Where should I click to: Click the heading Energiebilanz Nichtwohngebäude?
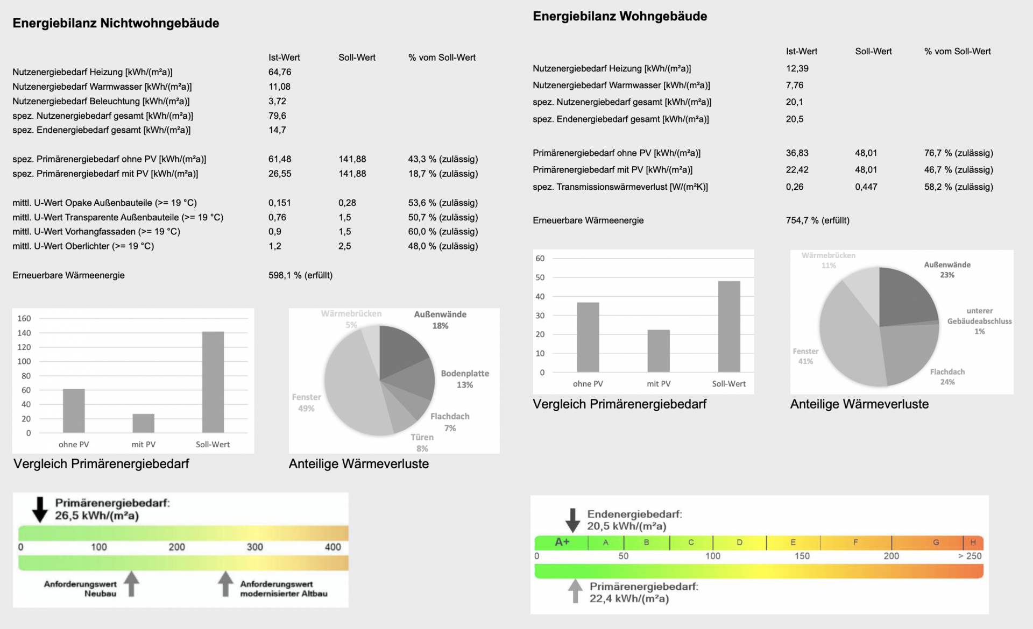(x=116, y=23)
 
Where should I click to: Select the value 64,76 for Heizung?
(x=280, y=72)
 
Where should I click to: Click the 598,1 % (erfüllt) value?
(x=300, y=275)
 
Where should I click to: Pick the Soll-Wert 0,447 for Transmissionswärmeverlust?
(x=866, y=187)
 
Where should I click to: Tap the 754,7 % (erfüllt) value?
(x=817, y=220)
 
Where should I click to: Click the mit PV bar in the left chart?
(x=144, y=423)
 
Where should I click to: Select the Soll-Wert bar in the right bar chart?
(x=729, y=326)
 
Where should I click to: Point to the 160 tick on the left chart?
(x=24, y=318)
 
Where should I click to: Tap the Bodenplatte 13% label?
(x=465, y=379)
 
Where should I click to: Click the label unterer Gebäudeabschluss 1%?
(x=979, y=321)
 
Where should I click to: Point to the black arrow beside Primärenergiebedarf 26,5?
(x=40, y=510)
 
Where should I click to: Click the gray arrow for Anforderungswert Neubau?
(x=131, y=584)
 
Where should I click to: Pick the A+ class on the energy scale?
(x=562, y=542)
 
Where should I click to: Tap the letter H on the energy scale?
(x=973, y=542)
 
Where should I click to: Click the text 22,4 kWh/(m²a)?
(x=629, y=599)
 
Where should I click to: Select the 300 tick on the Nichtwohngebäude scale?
(x=255, y=547)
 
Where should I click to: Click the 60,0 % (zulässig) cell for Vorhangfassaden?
(x=443, y=232)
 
